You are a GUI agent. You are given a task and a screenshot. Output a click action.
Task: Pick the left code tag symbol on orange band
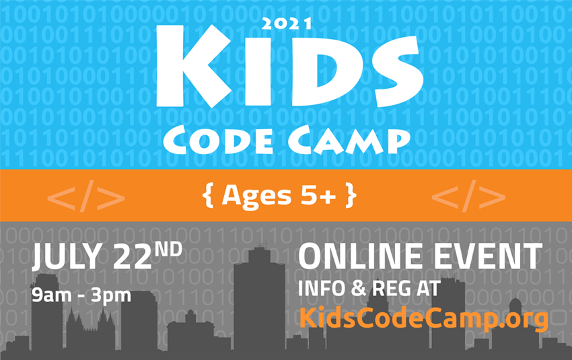pos(86,196)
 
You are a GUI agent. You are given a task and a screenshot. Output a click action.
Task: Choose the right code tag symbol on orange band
pos(468,196)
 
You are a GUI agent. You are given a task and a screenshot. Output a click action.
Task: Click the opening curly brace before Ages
pos(206,195)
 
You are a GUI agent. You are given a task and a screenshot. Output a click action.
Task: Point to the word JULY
pos(64,260)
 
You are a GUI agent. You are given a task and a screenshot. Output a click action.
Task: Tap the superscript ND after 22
pos(168,250)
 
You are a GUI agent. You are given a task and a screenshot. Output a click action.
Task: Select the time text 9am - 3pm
pos(81,294)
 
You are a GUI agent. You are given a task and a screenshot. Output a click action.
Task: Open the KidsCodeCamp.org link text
pos(423,317)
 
